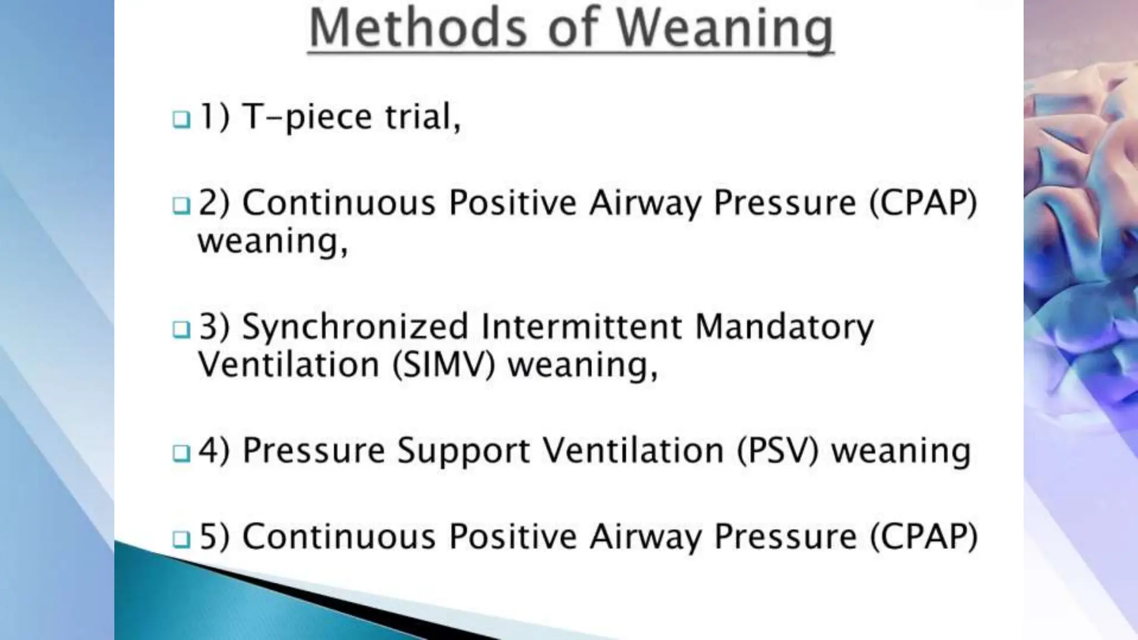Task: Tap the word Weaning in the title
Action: point(725,29)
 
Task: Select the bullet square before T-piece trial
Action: point(181,119)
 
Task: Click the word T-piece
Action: point(307,118)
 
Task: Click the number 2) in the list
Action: point(214,202)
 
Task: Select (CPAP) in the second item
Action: point(922,203)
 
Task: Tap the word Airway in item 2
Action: point(645,203)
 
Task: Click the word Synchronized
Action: point(356,327)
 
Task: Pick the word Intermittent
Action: point(581,326)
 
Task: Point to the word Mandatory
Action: point(784,327)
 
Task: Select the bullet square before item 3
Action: point(181,329)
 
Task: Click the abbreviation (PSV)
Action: point(777,451)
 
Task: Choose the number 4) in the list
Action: point(214,451)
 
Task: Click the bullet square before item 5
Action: point(181,539)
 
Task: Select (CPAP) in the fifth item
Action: point(922,537)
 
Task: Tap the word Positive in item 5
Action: point(512,537)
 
